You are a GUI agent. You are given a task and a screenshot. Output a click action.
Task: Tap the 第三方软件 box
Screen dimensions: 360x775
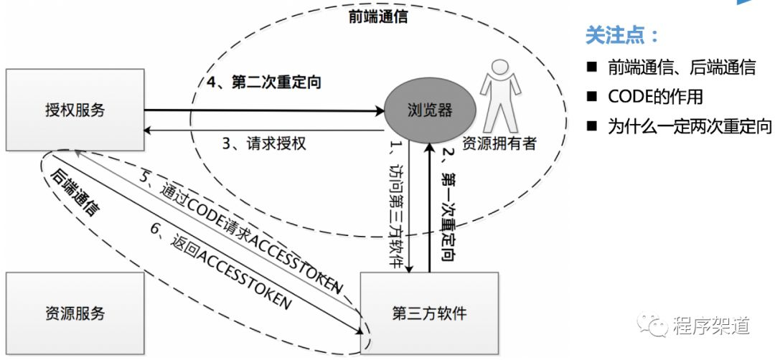pyautogui.click(x=428, y=313)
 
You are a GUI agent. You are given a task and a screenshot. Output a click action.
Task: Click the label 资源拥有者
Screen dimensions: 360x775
pyautogui.click(x=499, y=143)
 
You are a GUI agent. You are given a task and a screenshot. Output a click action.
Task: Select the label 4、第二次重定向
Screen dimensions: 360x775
pyautogui.click(x=263, y=82)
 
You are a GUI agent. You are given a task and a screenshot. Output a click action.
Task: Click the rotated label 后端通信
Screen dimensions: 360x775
pyautogui.click(x=75, y=193)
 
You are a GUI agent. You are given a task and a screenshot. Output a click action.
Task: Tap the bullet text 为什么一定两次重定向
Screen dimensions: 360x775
pyautogui.click(x=690, y=126)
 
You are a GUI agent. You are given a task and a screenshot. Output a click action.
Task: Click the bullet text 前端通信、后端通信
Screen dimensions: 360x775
pyautogui.click(x=681, y=67)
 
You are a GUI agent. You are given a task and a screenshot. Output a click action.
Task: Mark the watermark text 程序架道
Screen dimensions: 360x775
pyautogui.click(x=710, y=326)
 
